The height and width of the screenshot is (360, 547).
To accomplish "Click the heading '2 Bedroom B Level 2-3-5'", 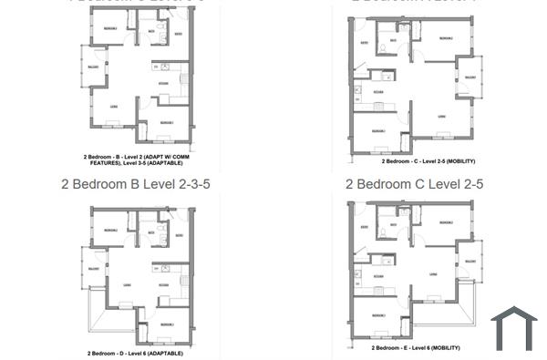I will point(136,183).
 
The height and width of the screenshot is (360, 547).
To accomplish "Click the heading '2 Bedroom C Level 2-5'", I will point(414,183).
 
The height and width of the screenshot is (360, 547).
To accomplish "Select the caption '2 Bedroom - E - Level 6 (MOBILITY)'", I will point(415,348).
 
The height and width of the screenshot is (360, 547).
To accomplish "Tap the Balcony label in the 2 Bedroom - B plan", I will point(92,67).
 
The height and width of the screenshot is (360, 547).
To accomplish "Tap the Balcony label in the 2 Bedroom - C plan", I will point(470,77).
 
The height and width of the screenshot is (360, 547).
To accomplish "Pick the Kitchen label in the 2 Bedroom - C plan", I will point(378,93).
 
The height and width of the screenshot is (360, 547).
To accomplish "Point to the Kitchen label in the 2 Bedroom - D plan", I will point(164,283).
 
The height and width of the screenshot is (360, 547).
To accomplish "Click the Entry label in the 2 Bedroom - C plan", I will point(365,43).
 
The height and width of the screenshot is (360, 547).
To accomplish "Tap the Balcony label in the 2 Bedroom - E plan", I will point(470,261).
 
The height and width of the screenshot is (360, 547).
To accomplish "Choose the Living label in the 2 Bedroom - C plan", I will point(440,115).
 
